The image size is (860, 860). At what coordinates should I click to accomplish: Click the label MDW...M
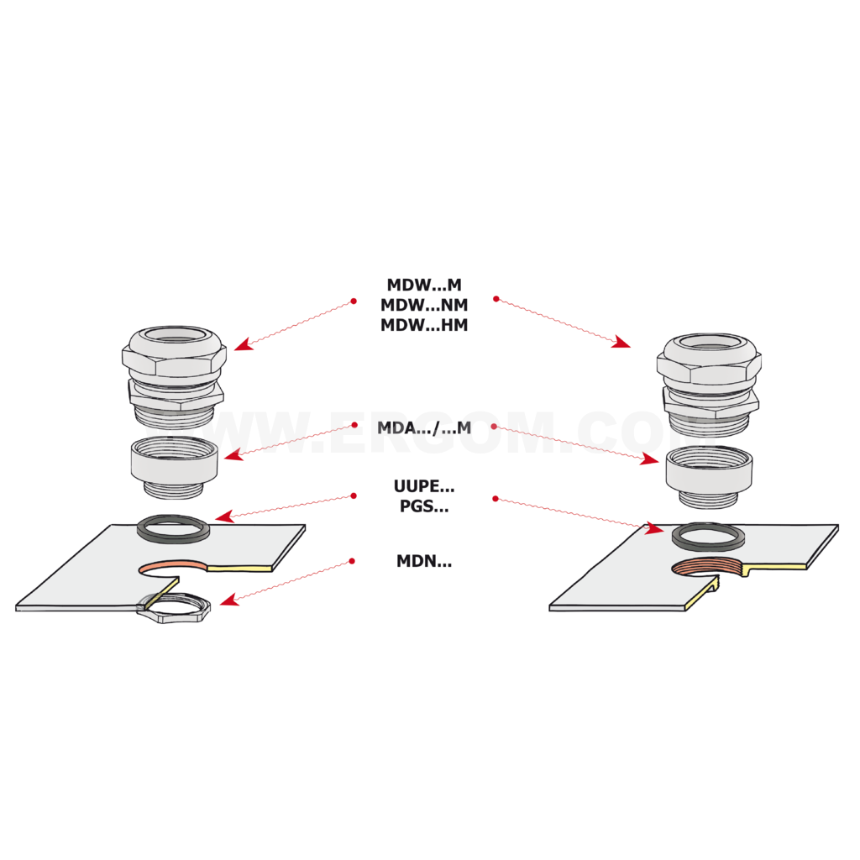424,285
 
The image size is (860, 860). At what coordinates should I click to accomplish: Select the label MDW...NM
424,305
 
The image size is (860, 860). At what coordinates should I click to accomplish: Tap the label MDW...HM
424,325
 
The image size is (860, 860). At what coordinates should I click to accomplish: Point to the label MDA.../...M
424,427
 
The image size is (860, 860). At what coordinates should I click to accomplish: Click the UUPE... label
424,486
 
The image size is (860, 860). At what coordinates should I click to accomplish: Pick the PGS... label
424,506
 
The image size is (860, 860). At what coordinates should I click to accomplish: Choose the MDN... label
424,561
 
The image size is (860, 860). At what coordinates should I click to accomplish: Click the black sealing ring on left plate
173,537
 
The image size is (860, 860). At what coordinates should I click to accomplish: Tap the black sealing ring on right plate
708,545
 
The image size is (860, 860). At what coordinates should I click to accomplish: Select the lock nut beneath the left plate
176,616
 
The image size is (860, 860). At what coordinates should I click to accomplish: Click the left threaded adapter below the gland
175,467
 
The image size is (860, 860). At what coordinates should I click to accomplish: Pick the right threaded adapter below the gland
709,476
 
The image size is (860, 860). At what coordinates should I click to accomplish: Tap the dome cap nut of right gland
709,359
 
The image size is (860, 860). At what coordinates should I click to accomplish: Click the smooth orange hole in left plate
173,566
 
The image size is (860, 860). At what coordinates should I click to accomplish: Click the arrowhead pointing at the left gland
244,344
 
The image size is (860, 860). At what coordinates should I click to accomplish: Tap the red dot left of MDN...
352,561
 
